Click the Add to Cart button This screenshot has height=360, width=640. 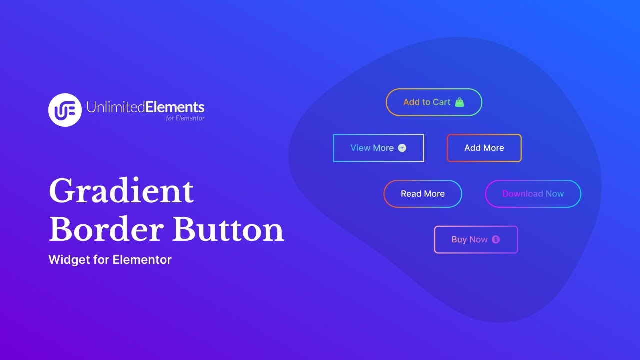433,102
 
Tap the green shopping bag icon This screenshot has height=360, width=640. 460,102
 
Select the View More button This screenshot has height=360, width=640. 378,148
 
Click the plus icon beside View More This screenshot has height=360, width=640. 402,148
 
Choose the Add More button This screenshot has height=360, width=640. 484,148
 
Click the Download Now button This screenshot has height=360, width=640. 533,194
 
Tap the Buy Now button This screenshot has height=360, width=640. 476,240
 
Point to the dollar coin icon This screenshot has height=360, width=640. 496,240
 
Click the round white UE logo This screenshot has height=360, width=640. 65,110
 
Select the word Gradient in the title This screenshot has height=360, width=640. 121,191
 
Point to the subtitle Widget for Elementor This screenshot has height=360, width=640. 110,260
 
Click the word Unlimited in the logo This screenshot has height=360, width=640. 115,107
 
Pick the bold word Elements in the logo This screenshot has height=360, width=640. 175,107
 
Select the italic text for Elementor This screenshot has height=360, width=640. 185,118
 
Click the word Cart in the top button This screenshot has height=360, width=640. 442,102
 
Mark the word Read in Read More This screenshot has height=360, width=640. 411,194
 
